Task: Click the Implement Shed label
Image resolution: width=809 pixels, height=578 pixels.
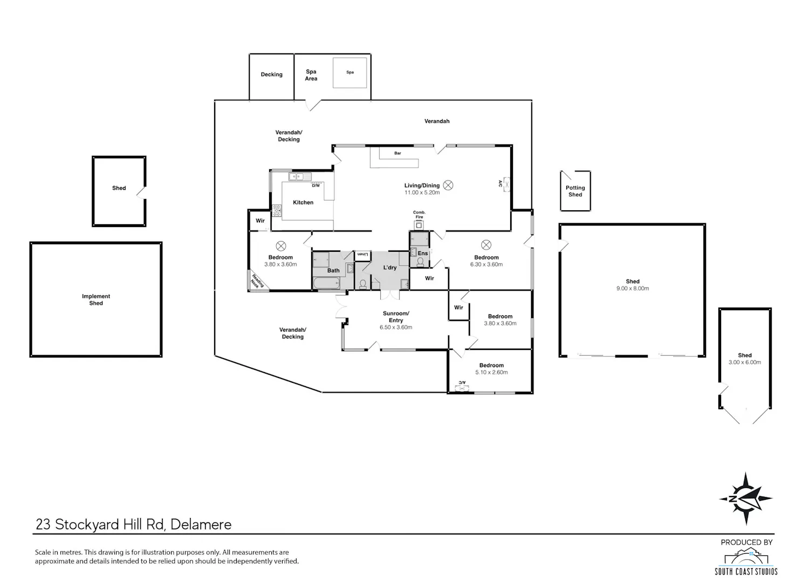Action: point(95,300)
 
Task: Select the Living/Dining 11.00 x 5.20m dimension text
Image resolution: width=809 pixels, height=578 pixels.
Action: point(422,192)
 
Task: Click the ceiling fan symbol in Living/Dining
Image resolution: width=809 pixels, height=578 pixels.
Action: point(448,185)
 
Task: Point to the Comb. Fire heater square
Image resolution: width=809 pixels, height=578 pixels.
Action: point(419,225)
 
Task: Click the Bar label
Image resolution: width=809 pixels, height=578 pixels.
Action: point(397,153)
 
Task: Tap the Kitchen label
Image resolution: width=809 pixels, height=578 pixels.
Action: point(303,203)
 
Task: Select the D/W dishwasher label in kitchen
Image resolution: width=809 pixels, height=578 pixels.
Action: point(316,185)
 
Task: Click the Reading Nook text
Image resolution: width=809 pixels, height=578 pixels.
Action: point(257,281)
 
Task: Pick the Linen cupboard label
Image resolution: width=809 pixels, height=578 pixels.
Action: point(362,254)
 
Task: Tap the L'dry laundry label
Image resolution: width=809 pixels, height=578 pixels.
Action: point(390,267)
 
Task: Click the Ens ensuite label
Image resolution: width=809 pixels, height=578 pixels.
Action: point(422,253)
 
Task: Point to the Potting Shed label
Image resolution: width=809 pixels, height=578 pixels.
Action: point(575,191)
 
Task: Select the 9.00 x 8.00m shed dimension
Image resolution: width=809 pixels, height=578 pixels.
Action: point(633,288)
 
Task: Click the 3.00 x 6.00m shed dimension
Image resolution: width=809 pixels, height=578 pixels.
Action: point(745,362)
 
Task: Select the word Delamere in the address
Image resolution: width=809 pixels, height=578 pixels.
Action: point(201,524)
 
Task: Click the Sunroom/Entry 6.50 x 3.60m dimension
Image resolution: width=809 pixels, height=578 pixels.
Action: point(396,327)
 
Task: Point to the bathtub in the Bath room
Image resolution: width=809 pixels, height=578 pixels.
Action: point(326,283)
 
